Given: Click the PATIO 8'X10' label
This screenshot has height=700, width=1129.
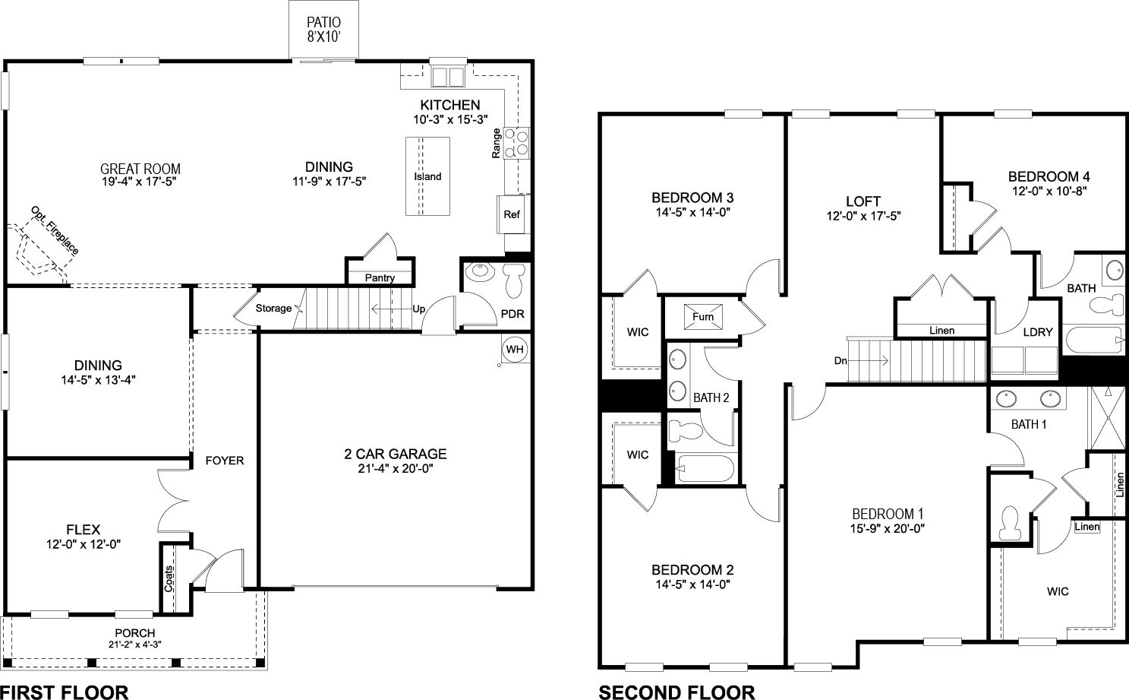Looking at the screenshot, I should coord(323,29).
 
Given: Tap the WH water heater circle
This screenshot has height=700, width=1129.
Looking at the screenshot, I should coord(515,349).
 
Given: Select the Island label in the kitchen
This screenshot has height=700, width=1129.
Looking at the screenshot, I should coord(427,176).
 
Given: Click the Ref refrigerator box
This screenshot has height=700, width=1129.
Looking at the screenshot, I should coord(512,214).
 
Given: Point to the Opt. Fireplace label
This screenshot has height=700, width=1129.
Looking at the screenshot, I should coord(55,230).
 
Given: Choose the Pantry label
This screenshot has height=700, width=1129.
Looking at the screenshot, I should coord(380,277).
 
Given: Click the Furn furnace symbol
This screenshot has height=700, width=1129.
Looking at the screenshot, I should coord(702,316).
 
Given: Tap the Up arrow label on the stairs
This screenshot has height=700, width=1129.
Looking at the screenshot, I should coord(418,309).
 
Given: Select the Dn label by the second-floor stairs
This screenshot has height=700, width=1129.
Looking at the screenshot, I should coord(840,361).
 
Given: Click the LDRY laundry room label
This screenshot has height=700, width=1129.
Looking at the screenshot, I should coord(1038,331).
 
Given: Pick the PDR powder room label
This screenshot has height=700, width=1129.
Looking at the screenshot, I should coord(512,313).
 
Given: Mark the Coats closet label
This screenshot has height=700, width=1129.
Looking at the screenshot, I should coord(169,578).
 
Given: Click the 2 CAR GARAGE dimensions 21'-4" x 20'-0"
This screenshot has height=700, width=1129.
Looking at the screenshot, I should coord(395,469).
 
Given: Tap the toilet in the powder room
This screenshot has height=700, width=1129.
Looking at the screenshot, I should coord(514,279).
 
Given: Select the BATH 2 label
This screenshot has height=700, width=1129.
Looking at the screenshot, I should coord(711,398).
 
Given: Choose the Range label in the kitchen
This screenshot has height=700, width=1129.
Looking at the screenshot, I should coord(496,143).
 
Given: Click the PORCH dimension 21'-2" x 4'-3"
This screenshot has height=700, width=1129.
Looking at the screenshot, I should coord(134,645).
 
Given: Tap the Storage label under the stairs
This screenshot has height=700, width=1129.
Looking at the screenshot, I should coord(273,308).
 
